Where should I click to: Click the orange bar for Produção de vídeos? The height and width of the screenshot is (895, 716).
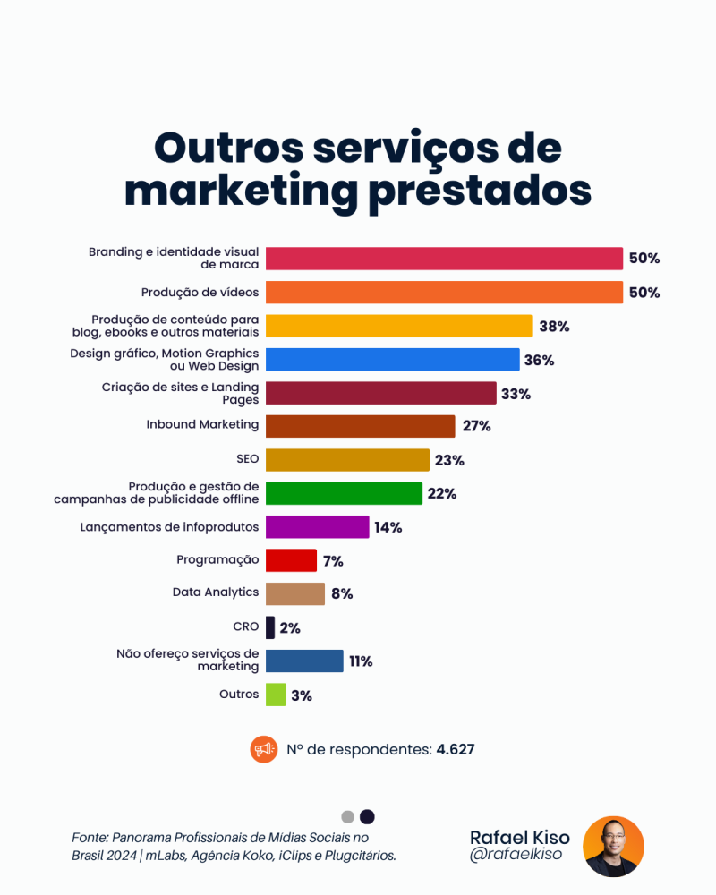[444, 293]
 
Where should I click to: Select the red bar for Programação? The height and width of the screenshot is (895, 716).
[291, 560]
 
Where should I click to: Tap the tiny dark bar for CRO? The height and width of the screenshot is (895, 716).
[270, 627]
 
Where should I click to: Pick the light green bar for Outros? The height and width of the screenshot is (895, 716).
[276, 695]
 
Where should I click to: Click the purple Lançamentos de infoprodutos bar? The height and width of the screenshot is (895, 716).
[317, 527]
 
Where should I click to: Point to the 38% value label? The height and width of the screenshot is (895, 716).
[554, 327]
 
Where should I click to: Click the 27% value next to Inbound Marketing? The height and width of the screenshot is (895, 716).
[476, 426]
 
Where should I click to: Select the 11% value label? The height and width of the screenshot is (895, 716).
[361, 661]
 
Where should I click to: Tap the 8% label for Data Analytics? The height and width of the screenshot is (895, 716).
[341, 593]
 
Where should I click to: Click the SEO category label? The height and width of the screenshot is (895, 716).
[247, 458]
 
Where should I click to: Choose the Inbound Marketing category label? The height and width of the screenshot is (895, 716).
[202, 424]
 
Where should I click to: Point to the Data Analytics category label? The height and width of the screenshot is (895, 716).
[215, 592]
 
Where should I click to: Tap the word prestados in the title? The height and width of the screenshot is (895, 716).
[480, 190]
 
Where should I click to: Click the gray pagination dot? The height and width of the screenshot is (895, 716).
[348, 816]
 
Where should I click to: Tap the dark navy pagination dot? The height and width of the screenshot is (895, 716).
[367, 816]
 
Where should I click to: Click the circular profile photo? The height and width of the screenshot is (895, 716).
[613, 846]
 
